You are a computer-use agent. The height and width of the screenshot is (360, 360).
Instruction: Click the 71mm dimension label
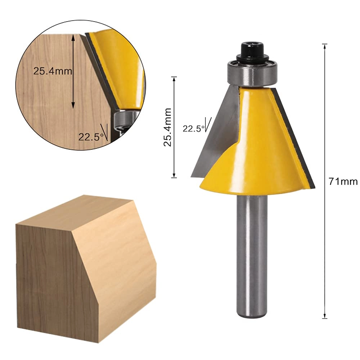(x=343, y=181)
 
